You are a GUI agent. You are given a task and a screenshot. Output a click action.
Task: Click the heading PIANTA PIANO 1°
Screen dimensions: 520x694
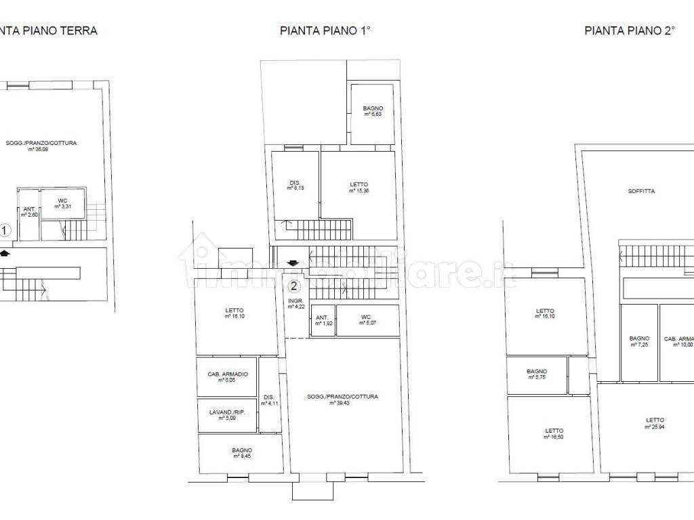point(325,30)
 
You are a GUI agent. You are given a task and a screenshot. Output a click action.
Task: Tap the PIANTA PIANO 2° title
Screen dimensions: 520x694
point(630,30)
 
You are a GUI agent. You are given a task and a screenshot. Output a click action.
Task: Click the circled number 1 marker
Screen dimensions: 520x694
point(5,231)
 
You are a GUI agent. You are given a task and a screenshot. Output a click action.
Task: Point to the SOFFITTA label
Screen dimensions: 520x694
point(641,191)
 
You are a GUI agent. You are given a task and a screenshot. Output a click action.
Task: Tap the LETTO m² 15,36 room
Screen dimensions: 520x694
point(359,187)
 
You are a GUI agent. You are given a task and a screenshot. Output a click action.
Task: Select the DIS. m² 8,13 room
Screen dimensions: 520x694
point(295,185)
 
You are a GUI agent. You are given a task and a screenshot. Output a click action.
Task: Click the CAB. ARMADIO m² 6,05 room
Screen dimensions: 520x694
point(227,376)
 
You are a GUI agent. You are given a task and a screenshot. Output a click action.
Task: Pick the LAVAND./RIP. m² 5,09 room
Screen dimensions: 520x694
point(227,414)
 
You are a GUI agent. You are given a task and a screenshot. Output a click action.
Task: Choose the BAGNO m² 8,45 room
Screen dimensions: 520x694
point(241,453)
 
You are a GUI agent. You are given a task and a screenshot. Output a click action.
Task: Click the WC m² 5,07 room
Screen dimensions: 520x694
point(366,320)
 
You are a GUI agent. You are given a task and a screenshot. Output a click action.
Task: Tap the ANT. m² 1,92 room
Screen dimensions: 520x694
point(323,320)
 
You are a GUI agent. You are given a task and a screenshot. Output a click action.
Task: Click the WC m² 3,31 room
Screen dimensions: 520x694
point(62,203)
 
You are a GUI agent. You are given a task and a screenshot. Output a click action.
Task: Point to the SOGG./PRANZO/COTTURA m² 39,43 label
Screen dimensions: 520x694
point(342,399)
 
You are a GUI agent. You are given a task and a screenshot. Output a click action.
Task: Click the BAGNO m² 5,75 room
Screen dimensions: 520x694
point(537,374)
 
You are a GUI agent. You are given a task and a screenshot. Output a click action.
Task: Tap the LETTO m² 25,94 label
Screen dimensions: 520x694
point(655,423)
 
